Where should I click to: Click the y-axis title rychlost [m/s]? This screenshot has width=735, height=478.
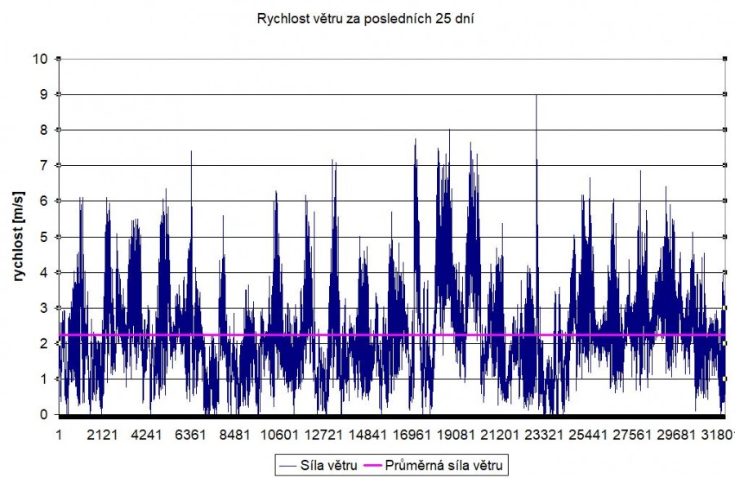19,237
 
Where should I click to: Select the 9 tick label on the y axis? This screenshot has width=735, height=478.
46,95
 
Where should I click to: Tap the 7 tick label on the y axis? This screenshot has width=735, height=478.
46,166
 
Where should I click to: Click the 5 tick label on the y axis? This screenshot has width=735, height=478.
46,237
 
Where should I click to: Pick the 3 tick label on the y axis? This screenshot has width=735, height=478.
46,308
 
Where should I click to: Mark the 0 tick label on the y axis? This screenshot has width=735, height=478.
46,415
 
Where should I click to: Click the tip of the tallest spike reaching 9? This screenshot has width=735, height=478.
536,95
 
